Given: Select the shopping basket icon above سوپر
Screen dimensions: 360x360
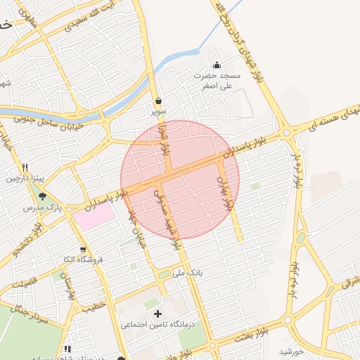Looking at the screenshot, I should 158,101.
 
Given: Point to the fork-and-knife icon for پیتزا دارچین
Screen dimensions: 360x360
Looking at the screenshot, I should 25,168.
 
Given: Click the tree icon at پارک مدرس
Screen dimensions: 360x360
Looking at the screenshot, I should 42,196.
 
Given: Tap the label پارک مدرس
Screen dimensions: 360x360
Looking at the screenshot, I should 42,209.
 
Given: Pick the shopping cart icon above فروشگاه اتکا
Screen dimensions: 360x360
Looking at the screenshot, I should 83,249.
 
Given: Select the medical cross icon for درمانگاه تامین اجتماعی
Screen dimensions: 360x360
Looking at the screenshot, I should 157,314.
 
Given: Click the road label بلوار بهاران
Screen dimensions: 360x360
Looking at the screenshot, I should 225,195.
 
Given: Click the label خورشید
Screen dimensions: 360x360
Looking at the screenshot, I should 290,351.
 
